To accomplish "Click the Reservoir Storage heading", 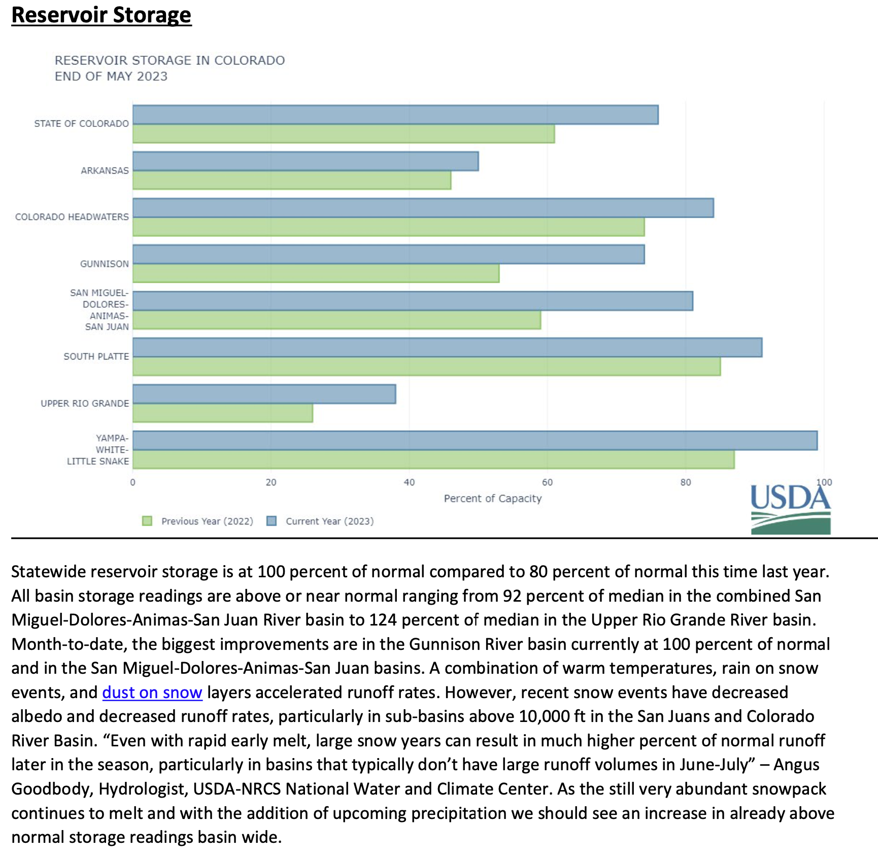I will [x=102, y=15].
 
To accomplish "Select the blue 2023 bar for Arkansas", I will [x=305, y=161].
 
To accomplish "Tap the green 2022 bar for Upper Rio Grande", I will [x=222, y=413].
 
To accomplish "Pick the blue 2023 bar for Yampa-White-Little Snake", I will [x=475, y=441].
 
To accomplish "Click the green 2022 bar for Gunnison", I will [x=316, y=274].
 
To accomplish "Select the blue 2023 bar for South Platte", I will [x=447, y=348].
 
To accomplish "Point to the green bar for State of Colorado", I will [x=343, y=134].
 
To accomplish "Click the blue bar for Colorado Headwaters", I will [x=423, y=208].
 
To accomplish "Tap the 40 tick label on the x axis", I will [x=409, y=482].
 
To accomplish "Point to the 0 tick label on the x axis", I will [x=133, y=482].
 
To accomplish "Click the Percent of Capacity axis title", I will [x=492, y=499].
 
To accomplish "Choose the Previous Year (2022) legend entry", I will [x=207, y=521].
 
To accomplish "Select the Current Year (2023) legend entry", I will [x=329, y=521].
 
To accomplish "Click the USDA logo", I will [x=790, y=509].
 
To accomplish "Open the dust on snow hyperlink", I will [x=152, y=693].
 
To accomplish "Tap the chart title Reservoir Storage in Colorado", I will [x=170, y=61].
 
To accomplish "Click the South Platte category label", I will [x=96, y=356].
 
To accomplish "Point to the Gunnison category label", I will [x=104, y=264].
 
